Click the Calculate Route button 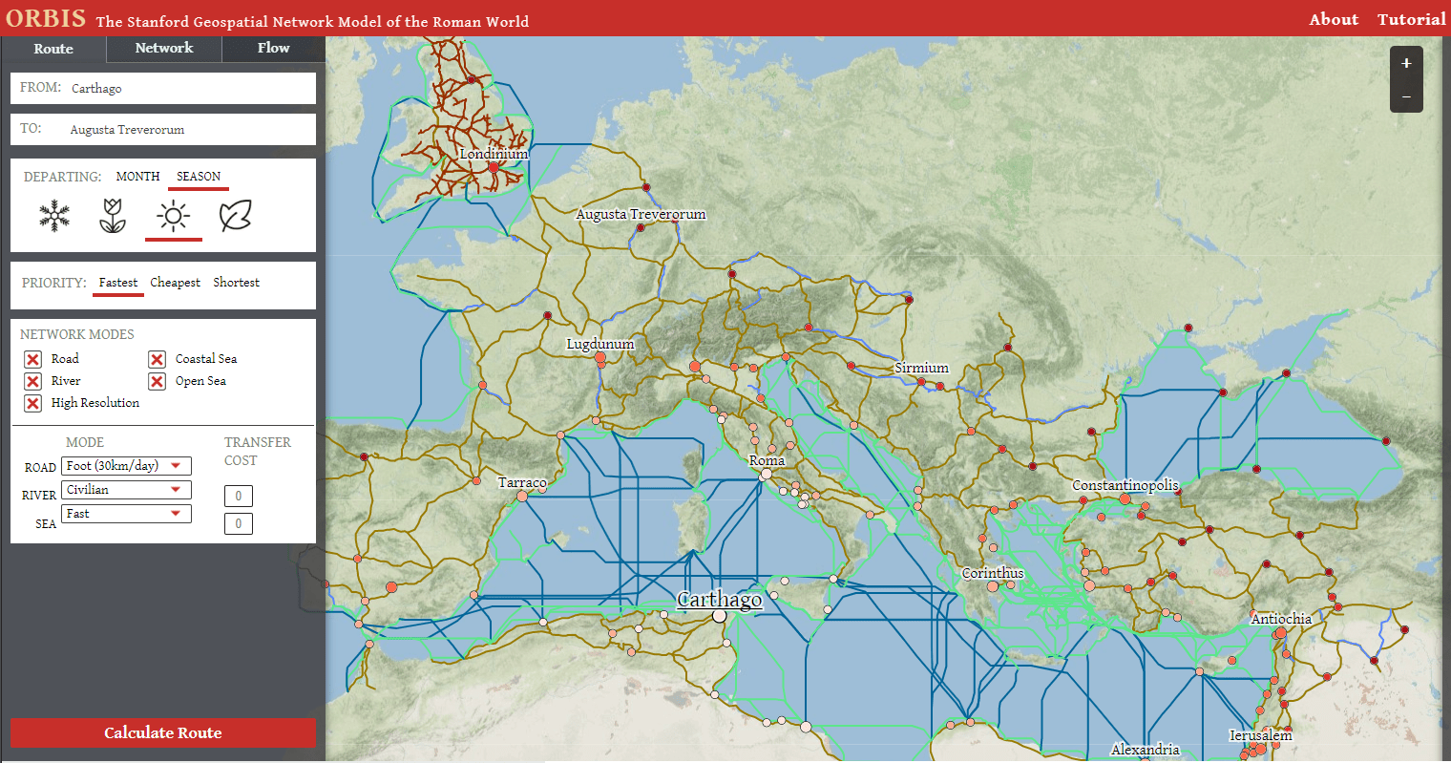tap(162, 732)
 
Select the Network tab tap(164, 48)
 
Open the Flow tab tap(273, 48)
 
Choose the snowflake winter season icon tap(54, 216)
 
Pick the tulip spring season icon tap(113, 216)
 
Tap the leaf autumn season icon tap(235, 216)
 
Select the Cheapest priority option tap(175, 283)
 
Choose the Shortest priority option tap(236, 283)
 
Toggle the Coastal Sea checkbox tap(158, 359)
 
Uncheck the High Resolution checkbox tap(32, 403)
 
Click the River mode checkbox tap(32, 381)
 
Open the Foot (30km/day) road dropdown tap(126, 466)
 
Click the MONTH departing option tap(137, 177)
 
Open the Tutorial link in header tap(1411, 19)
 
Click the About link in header tap(1333, 19)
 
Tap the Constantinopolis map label tap(1125, 485)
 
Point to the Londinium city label tap(494, 154)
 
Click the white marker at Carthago tap(719, 616)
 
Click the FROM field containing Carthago tap(163, 88)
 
